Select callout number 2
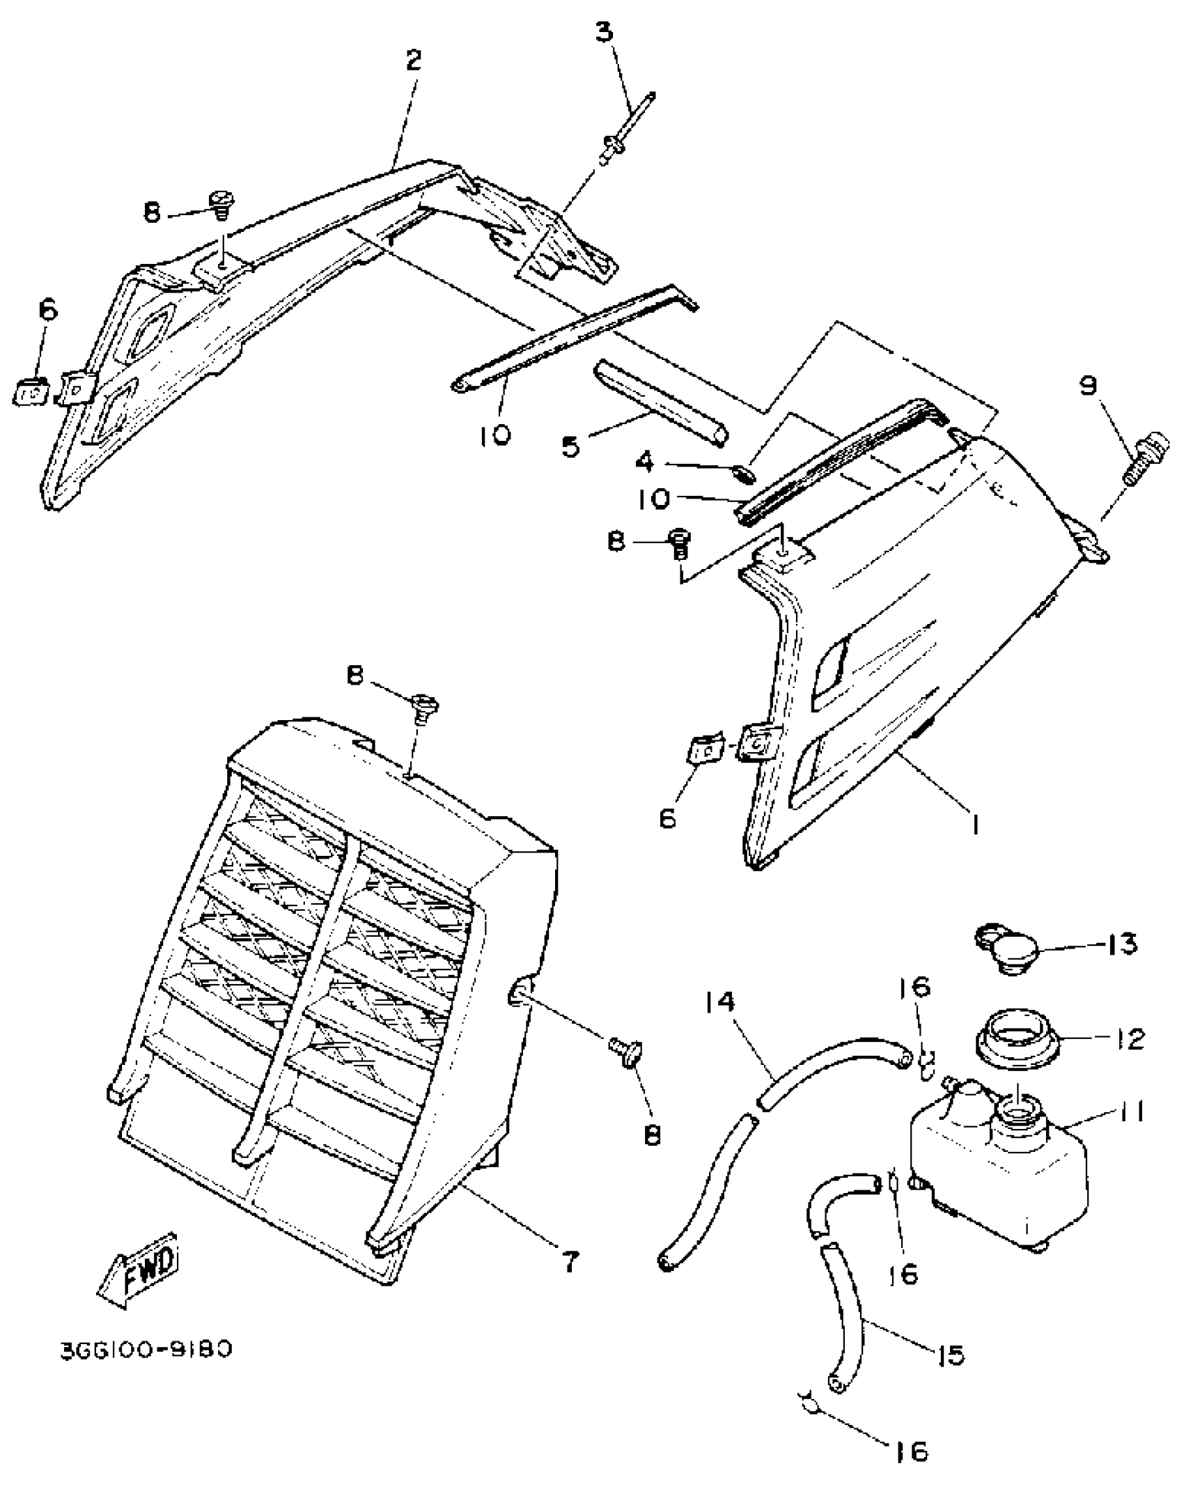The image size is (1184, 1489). [x=414, y=61]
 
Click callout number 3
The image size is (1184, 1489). [x=605, y=33]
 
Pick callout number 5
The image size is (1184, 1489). [x=571, y=447]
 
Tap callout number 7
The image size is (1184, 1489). [x=570, y=1262]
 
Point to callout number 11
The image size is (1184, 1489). [x=1123, y=1113]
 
